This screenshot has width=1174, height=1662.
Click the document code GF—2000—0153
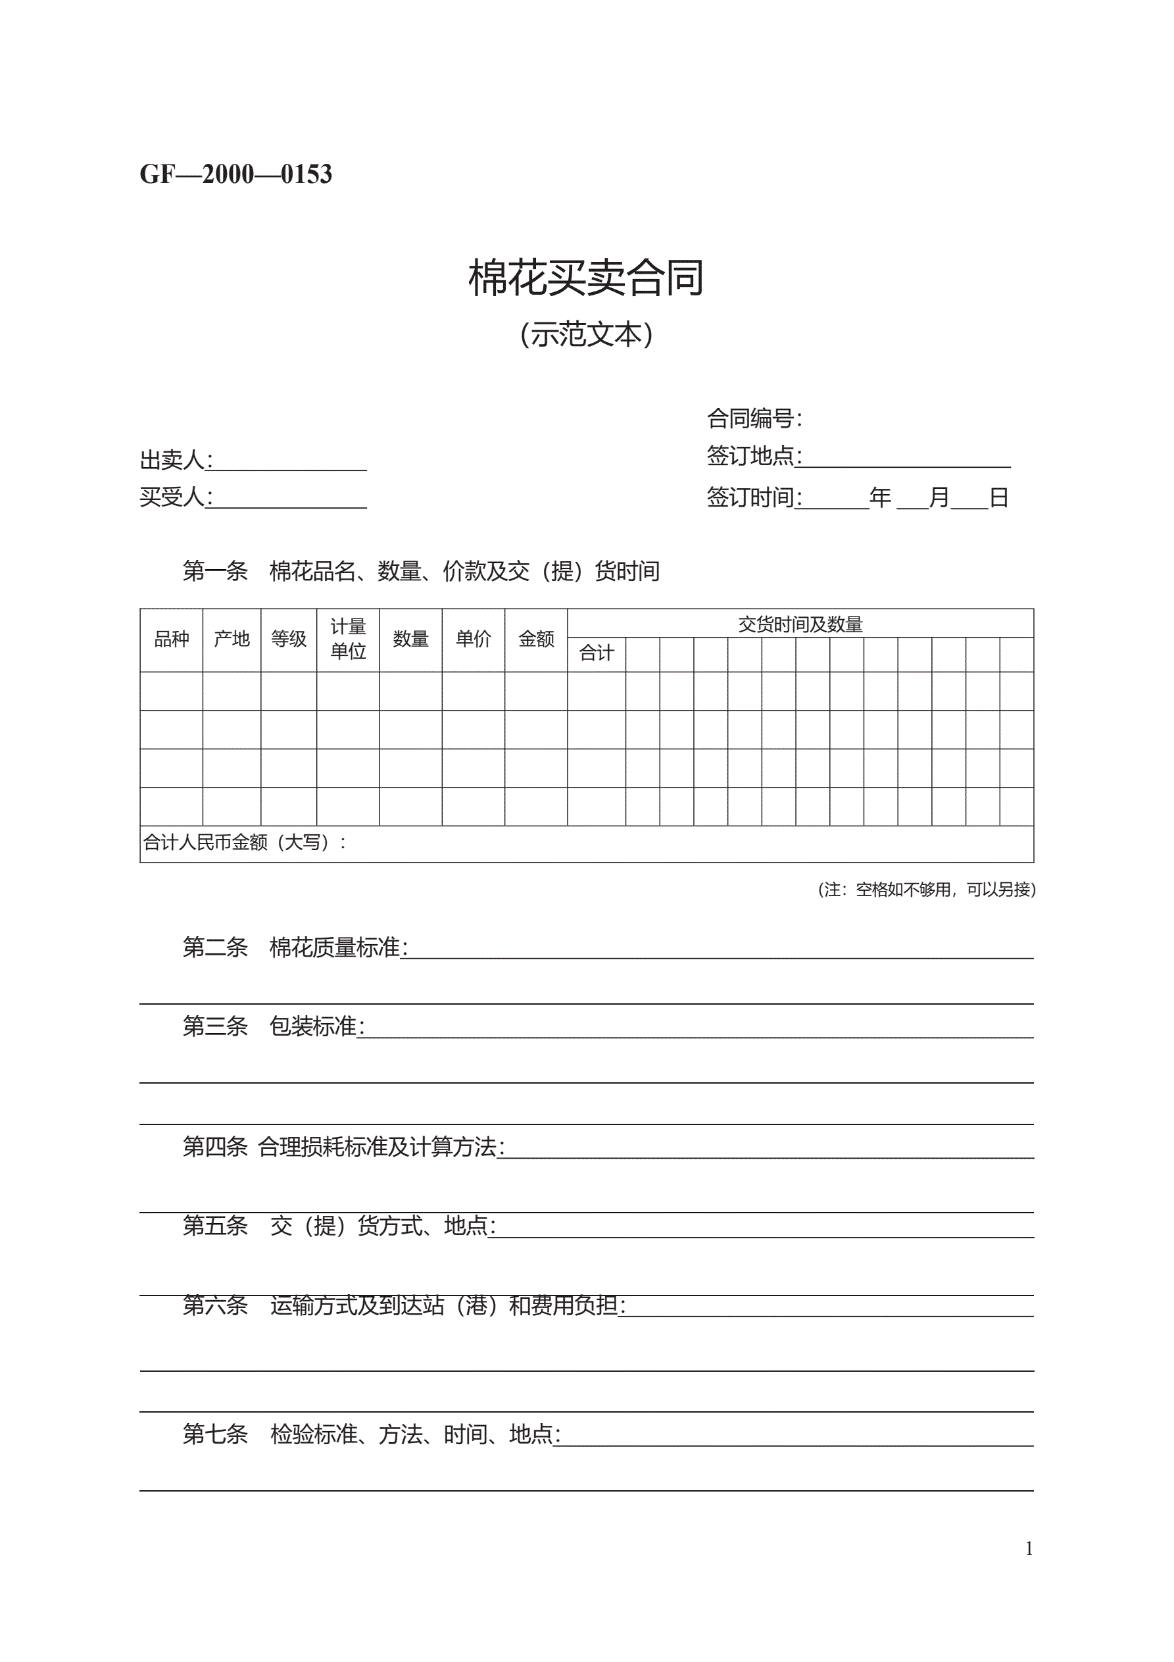click(x=235, y=174)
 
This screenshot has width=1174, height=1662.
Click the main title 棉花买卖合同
click(x=585, y=277)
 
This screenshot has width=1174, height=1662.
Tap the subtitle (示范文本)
click(x=586, y=334)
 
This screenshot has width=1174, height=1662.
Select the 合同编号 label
click(x=754, y=418)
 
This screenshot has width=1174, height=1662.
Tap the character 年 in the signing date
click(x=880, y=498)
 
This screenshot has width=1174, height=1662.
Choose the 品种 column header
click(x=172, y=639)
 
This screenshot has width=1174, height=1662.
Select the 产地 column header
click(x=232, y=639)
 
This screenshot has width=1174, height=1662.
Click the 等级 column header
click(x=289, y=639)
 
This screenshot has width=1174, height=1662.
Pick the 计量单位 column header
click(x=348, y=639)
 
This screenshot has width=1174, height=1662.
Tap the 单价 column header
click(x=474, y=639)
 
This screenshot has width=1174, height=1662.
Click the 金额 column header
click(x=536, y=639)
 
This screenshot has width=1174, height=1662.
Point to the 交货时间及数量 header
click(x=800, y=624)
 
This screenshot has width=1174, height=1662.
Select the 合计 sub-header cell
click(x=597, y=653)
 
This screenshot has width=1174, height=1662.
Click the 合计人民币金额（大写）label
click(x=244, y=843)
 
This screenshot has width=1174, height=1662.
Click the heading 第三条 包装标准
click(x=273, y=1026)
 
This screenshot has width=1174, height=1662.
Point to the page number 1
click(x=1029, y=1548)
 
